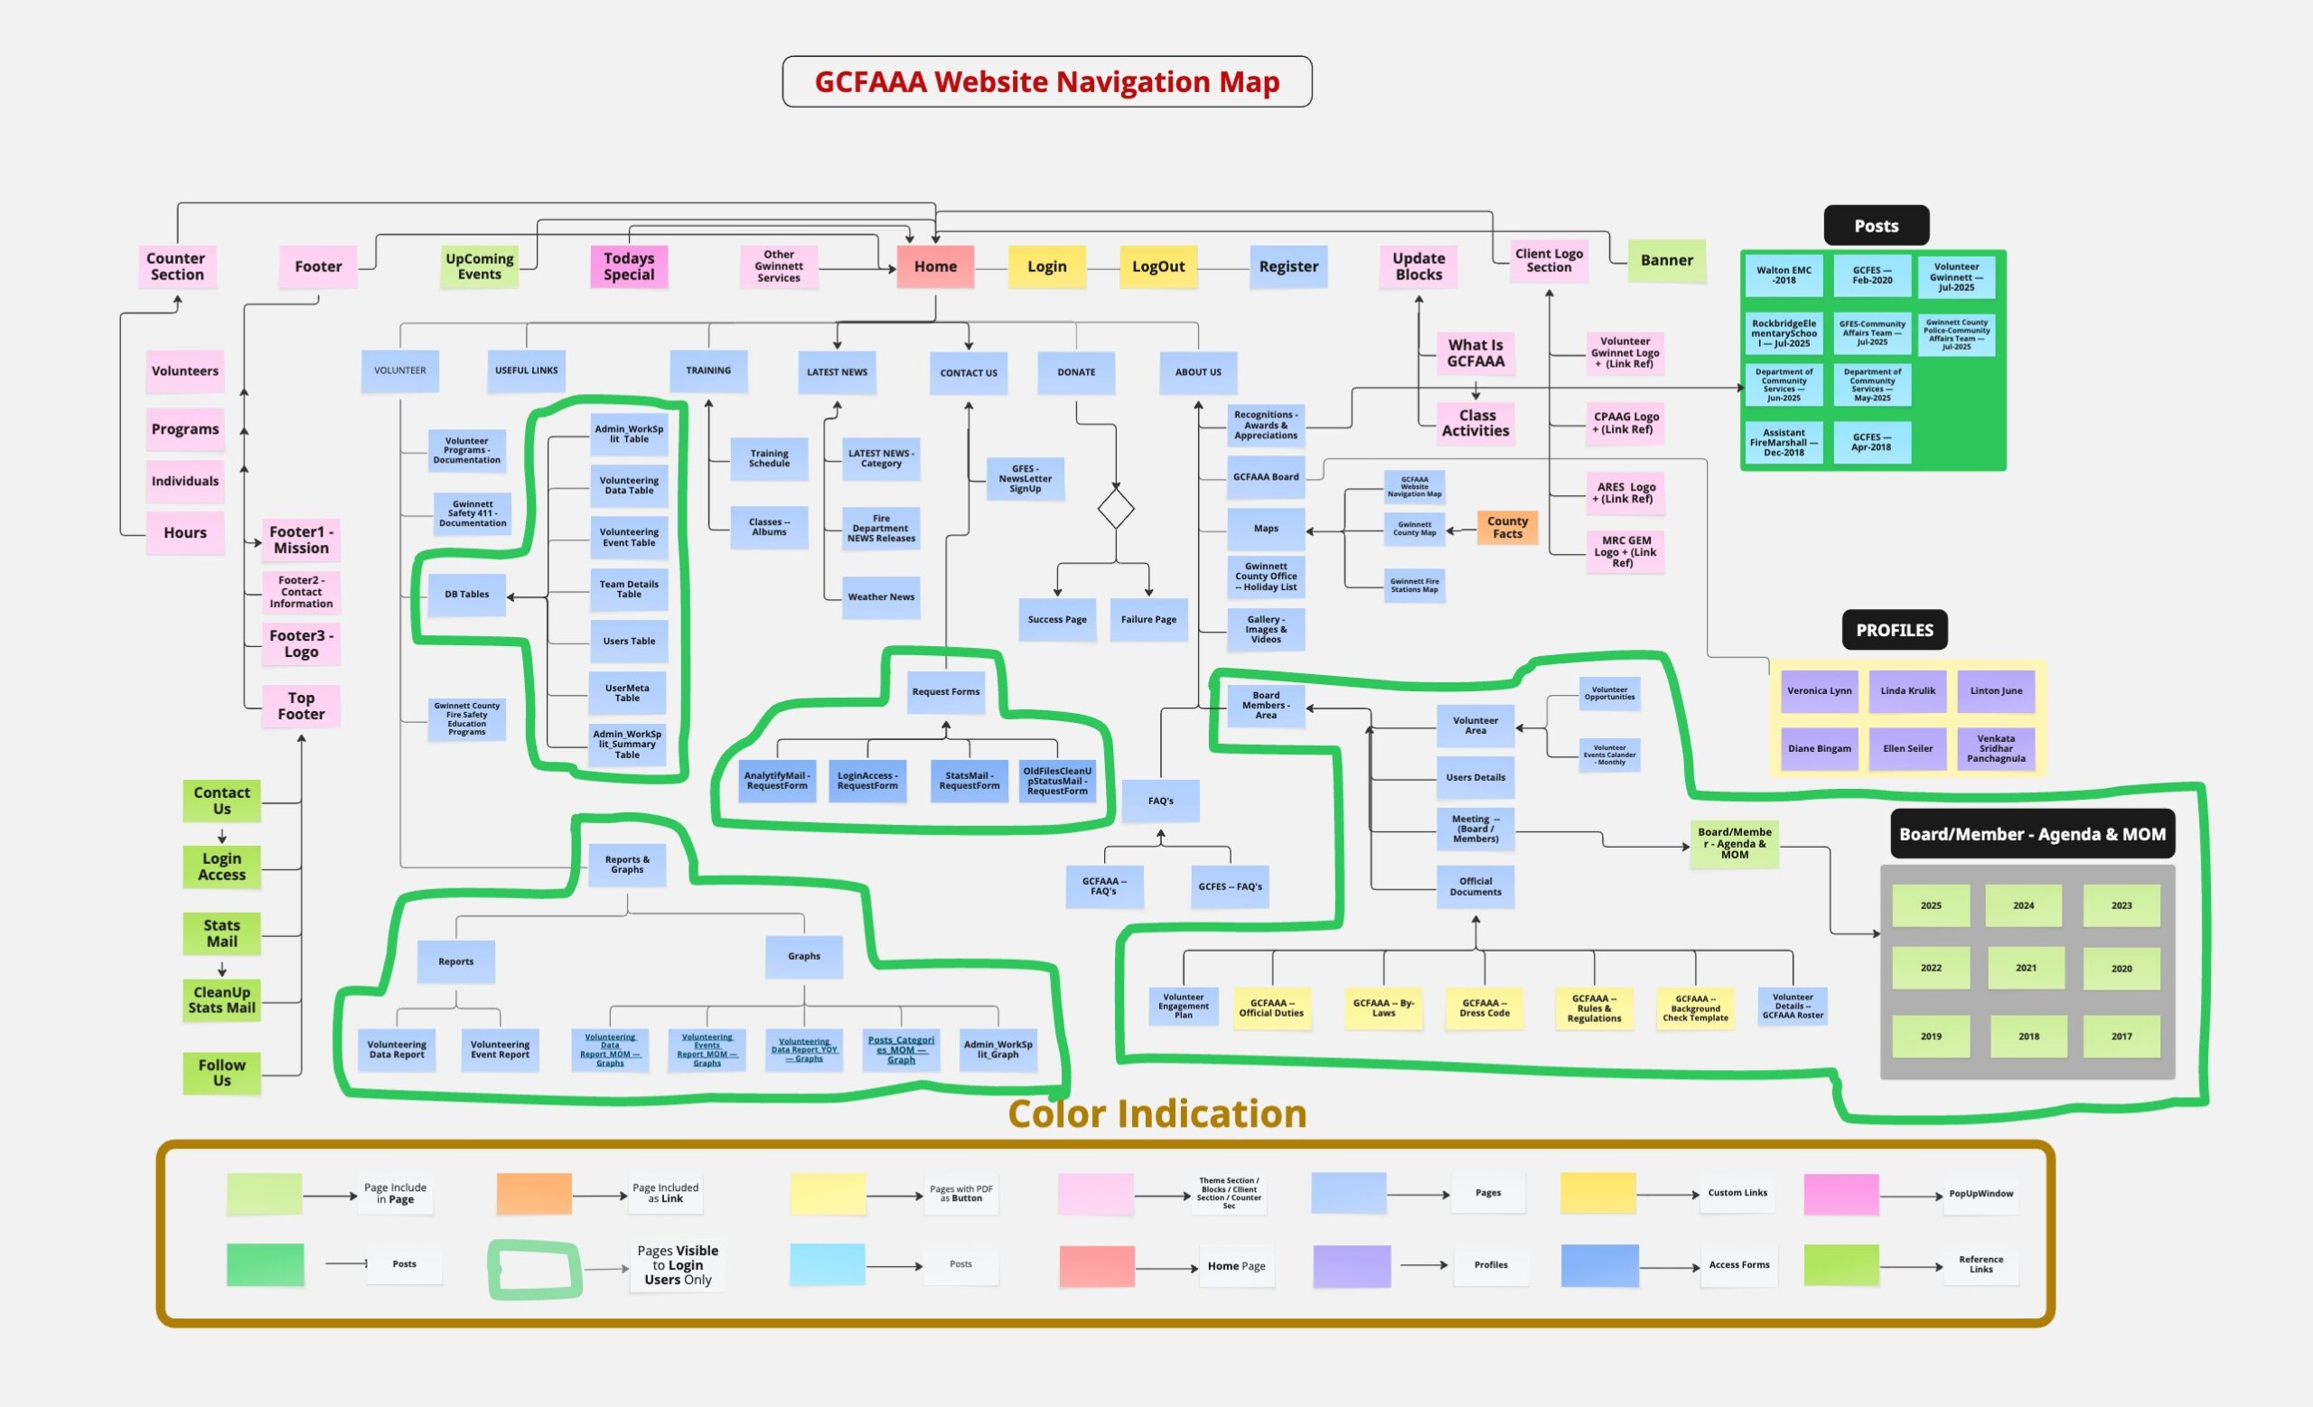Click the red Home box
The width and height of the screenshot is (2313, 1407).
tap(935, 267)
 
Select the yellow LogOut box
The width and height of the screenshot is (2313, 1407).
tap(1157, 267)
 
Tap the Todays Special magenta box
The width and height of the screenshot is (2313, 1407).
tap(629, 267)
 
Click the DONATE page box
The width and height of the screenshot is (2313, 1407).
tap(1076, 371)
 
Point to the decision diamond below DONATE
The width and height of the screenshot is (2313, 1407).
tap(1115, 509)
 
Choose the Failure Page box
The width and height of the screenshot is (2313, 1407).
tap(1148, 620)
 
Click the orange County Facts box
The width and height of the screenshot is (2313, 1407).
tap(1507, 528)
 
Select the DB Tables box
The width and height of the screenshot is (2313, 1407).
tap(466, 594)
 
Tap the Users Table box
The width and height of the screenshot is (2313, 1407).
tap(629, 641)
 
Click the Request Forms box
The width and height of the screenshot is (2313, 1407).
tap(945, 692)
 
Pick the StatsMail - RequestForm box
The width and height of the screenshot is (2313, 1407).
tap(969, 781)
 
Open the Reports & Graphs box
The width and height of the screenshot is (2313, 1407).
tap(627, 865)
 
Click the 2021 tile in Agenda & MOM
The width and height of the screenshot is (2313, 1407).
tap(2026, 968)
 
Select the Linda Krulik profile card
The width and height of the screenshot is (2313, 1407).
tap(1907, 690)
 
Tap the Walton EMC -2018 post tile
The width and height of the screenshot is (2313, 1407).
tap(1784, 275)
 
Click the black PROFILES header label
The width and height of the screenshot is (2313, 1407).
tap(1895, 631)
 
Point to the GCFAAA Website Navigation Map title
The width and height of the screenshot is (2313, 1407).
tap(1046, 81)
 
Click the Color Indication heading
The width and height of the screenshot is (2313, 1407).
tap(1156, 1114)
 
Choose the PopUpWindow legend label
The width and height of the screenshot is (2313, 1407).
tap(1981, 1194)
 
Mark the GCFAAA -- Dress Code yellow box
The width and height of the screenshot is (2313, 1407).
tap(1484, 1008)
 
